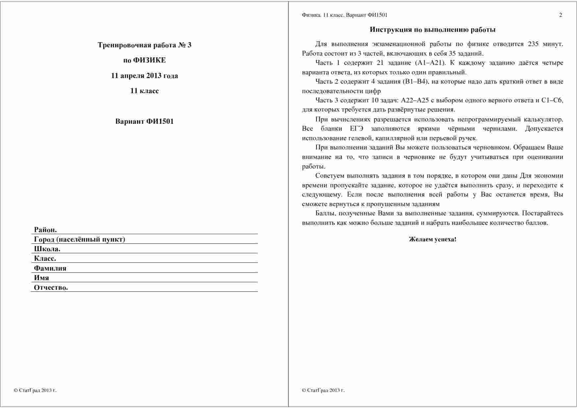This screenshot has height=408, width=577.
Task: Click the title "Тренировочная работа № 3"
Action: [144, 45]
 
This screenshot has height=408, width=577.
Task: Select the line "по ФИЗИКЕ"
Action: [144, 60]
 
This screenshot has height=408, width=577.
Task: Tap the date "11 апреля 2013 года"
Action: [144, 76]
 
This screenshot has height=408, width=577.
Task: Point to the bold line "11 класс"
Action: [144, 91]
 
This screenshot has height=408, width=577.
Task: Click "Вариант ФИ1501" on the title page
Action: [144, 122]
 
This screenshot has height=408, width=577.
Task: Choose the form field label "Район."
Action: [45, 230]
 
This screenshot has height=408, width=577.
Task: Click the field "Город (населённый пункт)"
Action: [79, 239]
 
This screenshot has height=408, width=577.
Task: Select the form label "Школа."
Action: [47, 249]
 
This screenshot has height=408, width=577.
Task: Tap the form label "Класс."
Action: [45, 258]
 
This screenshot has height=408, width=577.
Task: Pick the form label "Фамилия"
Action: [50, 268]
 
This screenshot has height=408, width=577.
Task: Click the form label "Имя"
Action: [41, 278]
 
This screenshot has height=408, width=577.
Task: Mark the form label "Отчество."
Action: [51, 287]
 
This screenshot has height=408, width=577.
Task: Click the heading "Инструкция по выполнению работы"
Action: [433, 30]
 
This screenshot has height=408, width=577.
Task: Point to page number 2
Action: [561, 15]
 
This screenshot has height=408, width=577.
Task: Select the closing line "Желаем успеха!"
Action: [433, 239]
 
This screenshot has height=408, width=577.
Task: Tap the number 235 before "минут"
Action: [533, 44]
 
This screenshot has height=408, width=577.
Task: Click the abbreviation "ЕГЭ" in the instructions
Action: [357, 129]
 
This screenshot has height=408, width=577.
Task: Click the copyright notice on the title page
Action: [35, 391]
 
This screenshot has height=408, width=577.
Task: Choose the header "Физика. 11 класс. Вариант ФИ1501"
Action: [344, 15]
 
